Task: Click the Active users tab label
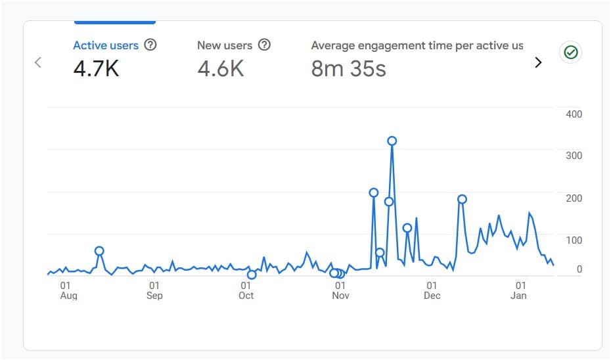(x=105, y=45)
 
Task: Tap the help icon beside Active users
(x=150, y=45)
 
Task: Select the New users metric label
(x=224, y=45)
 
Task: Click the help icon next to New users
(x=264, y=45)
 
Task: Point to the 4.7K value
(x=96, y=68)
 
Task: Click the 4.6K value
(x=220, y=68)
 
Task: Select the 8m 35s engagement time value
(x=348, y=68)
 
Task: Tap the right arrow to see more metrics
(x=538, y=62)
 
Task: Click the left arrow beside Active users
(x=38, y=62)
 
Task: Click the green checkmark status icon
(x=570, y=53)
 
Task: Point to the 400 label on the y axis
(x=574, y=114)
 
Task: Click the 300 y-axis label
(x=574, y=156)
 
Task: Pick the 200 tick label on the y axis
(x=574, y=198)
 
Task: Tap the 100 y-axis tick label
(x=574, y=240)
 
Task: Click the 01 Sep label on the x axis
(x=154, y=290)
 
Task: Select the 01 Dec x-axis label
(x=432, y=290)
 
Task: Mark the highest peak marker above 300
(x=392, y=141)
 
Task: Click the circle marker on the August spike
(x=99, y=250)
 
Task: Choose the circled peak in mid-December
(x=462, y=199)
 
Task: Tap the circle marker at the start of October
(x=252, y=275)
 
